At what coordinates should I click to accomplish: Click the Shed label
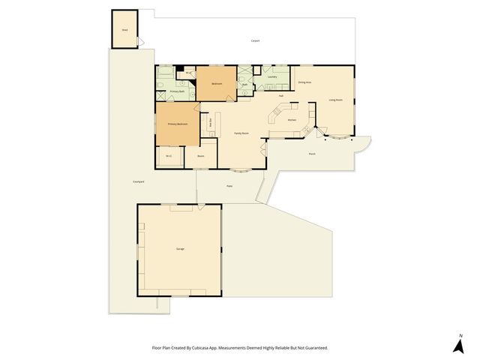[124, 31]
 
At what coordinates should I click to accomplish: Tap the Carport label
[255, 40]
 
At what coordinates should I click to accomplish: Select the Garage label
[180, 248]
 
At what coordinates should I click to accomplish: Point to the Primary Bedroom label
[177, 124]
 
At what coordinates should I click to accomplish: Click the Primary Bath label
[176, 91]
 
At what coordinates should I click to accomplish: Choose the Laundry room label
[272, 76]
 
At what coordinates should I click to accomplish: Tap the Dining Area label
[304, 82]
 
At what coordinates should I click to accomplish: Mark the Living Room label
[335, 100]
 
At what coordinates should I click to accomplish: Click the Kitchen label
[292, 119]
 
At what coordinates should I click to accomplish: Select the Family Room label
[241, 133]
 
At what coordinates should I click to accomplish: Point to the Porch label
[312, 154]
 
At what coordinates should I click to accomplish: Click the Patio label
[229, 186]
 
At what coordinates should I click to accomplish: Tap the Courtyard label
[138, 181]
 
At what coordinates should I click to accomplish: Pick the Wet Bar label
[211, 123]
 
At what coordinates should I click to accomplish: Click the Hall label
[280, 96]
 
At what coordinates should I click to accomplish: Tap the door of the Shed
[139, 44]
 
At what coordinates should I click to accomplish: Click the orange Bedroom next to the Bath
[216, 84]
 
